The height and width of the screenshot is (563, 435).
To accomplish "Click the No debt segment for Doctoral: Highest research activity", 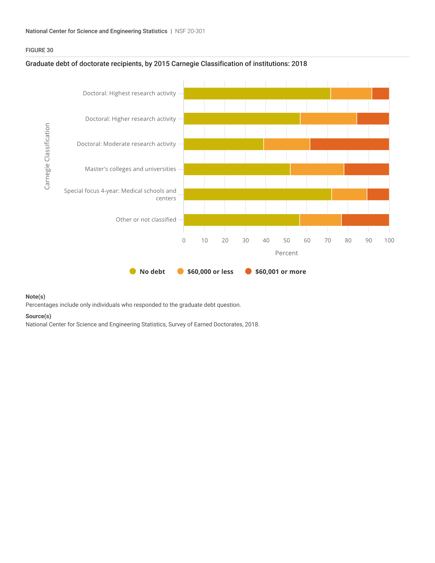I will pyautogui.click(x=257, y=94).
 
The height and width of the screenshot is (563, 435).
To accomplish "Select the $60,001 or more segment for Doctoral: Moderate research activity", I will pyautogui.click(x=350, y=144).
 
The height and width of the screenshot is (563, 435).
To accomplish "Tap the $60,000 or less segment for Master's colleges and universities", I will pyautogui.click(x=317, y=169).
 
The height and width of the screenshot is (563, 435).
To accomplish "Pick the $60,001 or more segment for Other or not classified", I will pyautogui.click(x=365, y=220).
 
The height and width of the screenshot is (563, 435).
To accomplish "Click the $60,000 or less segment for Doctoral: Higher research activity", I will pyautogui.click(x=328, y=119).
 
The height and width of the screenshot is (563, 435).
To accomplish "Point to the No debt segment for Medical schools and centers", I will pyautogui.click(x=258, y=194).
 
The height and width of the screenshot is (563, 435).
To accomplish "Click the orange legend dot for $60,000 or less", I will pyautogui.click(x=180, y=272).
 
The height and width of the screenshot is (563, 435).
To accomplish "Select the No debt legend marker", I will pyautogui.click(x=133, y=272).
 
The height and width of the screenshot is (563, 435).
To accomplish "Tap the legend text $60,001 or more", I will pyautogui.click(x=280, y=272).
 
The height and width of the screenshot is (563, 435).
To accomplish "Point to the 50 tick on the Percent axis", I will pyautogui.click(x=286, y=241).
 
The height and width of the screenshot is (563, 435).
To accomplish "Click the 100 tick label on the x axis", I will pyautogui.click(x=389, y=241).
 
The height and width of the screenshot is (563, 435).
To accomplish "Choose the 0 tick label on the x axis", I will pyautogui.click(x=184, y=241).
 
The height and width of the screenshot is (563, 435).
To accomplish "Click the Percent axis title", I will pyautogui.click(x=286, y=253).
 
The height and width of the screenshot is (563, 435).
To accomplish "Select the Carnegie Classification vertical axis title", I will pyautogui.click(x=47, y=156).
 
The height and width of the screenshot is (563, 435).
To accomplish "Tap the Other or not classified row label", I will pyautogui.click(x=146, y=220).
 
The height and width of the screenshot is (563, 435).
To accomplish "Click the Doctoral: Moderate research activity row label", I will pyautogui.click(x=126, y=144).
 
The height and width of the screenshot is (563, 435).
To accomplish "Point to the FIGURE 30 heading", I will pyautogui.click(x=39, y=50).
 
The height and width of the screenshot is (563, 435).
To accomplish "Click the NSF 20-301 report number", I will pyautogui.click(x=190, y=31).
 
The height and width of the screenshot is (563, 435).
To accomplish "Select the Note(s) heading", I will pyautogui.click(x=35, y=297).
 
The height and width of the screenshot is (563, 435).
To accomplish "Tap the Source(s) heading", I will pyautogui.click(x=38, y=316).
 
